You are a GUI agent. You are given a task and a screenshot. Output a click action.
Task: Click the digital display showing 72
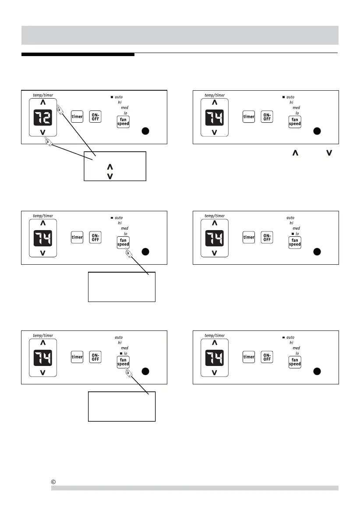(x=43, y=117)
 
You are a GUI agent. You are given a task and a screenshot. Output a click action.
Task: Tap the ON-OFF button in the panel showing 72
(x=95, y=117)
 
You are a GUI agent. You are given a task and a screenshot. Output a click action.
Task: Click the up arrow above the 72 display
(x=43, y=102)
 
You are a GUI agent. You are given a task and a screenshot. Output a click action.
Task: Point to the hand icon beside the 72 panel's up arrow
(x=60, y=113)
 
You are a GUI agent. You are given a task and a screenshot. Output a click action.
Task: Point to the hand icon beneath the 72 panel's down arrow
(x=48, y=142)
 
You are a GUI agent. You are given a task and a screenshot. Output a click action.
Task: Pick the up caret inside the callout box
(x=109, y=167)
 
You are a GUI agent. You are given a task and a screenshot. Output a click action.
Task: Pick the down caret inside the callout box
(x=109, y=176)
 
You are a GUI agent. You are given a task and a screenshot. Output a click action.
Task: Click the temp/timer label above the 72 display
(x=42, y=95)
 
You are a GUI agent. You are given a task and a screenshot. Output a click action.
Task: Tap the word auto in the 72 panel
(x=119, y=97)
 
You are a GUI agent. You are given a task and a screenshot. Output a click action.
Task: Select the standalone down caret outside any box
(x=329, y=153)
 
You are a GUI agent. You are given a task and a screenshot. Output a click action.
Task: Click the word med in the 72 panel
(x=124, y=107)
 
